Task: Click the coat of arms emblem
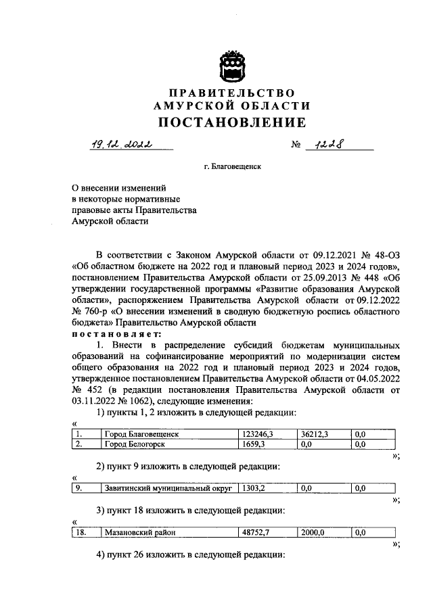coord(232,68)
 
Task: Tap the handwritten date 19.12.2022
coord(122,143)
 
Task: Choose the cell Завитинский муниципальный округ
coord(168,488)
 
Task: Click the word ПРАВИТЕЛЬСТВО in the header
coord(232,93)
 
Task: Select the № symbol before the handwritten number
coord(295,144)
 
